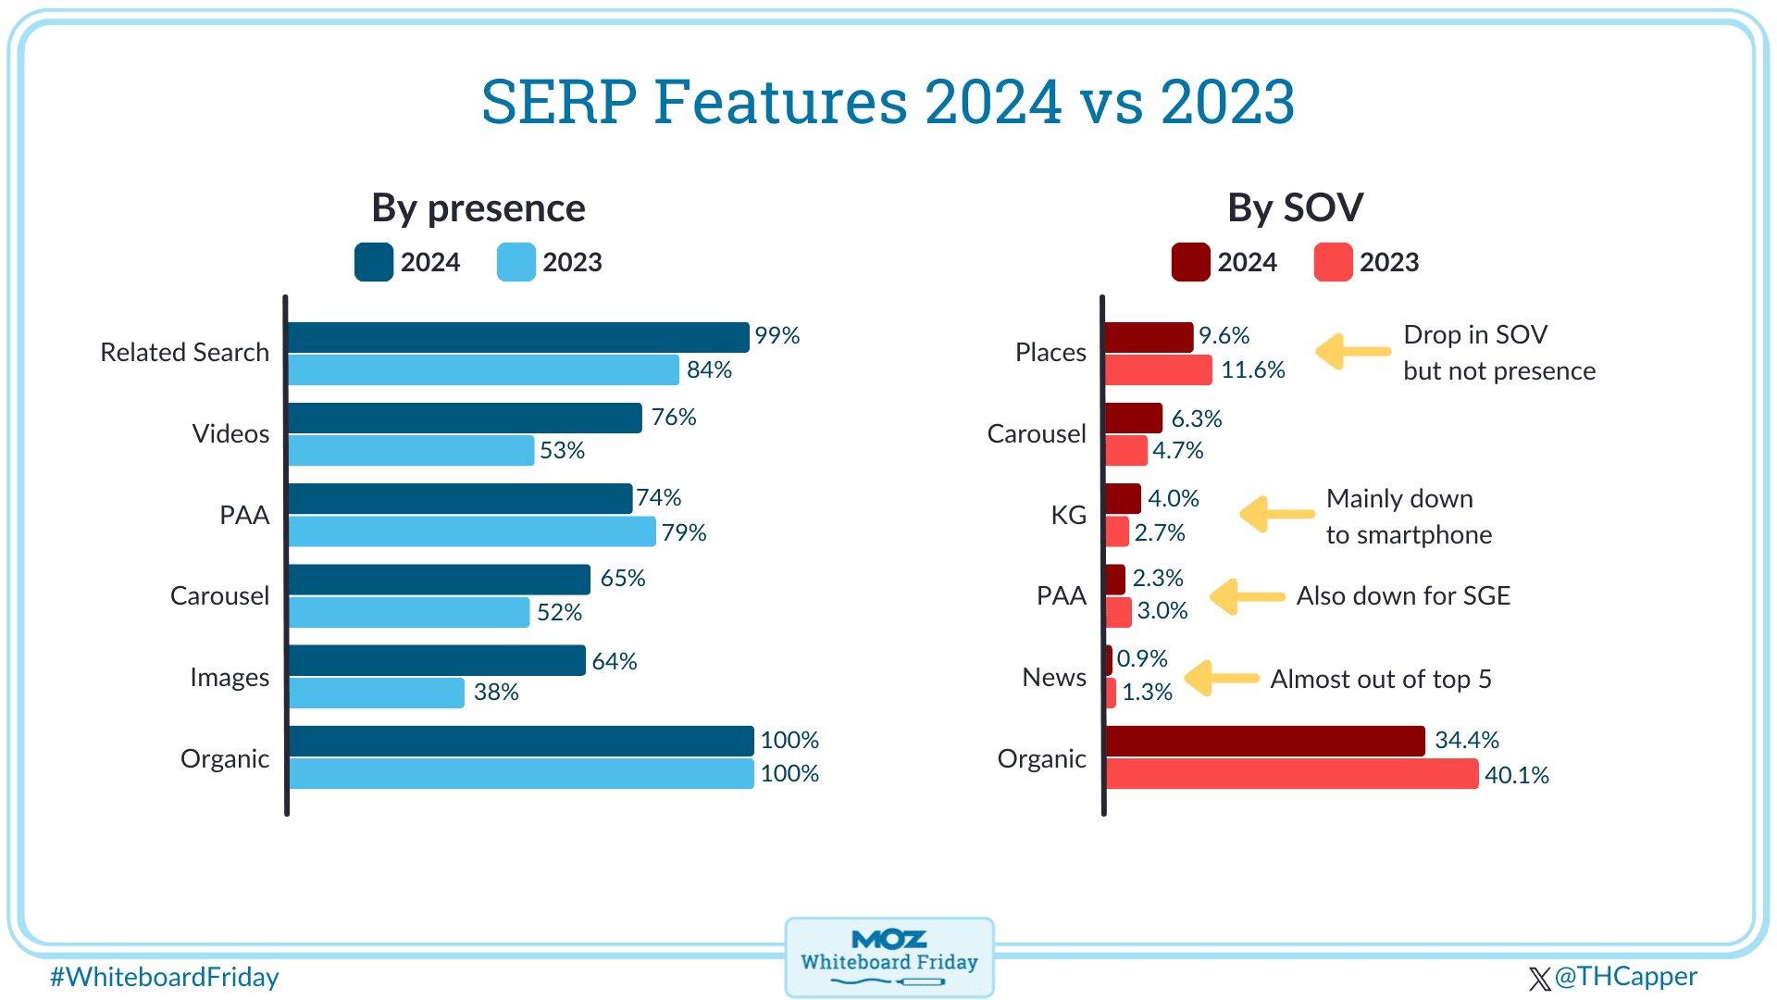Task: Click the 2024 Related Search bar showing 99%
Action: pos(518,337)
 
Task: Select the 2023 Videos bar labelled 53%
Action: pos(411,451)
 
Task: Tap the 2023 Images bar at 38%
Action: pos(377,693)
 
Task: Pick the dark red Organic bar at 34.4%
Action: pos(1265,741)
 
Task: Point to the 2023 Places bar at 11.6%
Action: pos(1159,370)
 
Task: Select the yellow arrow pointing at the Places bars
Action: pos(1353,352)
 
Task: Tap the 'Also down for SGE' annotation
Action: pos(1403,596)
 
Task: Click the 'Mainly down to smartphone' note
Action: pos(1409,517)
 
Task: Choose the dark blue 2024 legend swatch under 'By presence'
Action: pos(374,262)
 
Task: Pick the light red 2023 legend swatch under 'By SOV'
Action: pos(1333,262)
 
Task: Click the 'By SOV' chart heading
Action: pos(1295,207)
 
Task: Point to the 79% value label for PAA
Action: pos(684,532)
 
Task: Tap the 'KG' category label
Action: pos(1068,515)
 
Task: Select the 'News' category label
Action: pos(1054,677)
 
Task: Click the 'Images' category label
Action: pos(230,677)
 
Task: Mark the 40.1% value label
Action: pos(1517,775)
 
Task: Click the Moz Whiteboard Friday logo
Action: pos(889,957)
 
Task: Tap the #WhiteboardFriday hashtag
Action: pos(165,977)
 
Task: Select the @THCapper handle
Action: pos(1614,977)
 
